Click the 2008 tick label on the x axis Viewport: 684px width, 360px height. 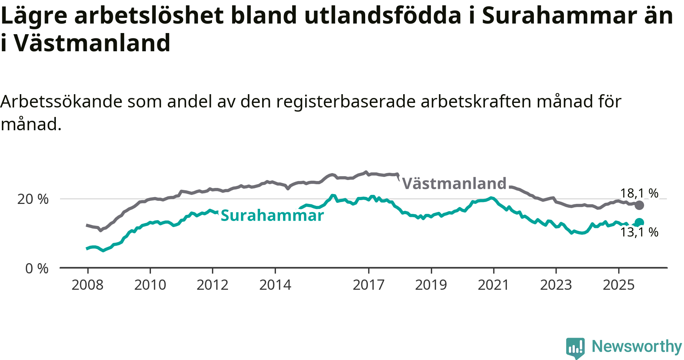87,285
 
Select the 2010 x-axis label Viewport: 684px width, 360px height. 150,285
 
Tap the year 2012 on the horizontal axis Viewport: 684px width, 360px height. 212,285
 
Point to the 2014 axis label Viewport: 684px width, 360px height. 275,285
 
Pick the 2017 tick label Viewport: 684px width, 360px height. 369,285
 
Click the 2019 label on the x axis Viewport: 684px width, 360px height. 431,285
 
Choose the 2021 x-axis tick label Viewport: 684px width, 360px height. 493,285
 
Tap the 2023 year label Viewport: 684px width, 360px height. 556,285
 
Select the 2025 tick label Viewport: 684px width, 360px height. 619,285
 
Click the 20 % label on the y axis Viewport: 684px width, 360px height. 33,199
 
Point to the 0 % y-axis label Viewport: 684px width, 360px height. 37,269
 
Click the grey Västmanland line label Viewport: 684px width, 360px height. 454,184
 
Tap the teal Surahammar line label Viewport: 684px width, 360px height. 272,216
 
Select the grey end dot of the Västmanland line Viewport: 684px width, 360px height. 640,205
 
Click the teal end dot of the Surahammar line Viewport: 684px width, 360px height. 640,223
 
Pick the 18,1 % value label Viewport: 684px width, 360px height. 639,193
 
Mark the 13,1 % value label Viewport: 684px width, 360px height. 639,232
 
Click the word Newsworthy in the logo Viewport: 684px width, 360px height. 637,346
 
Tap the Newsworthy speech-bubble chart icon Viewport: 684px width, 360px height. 575,347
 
